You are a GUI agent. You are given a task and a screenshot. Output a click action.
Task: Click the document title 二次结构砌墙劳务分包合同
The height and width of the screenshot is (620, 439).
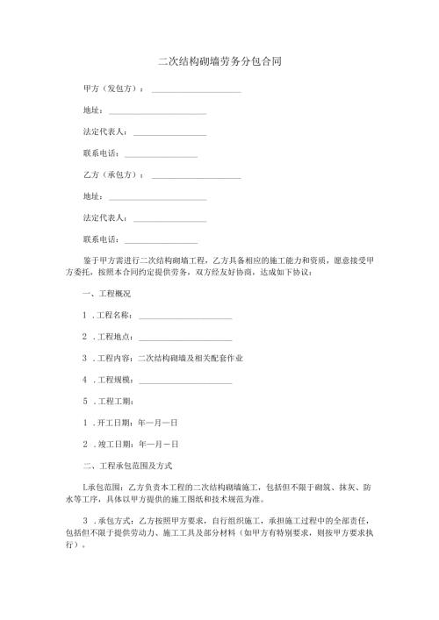pyautogui.click(x=219, y=62)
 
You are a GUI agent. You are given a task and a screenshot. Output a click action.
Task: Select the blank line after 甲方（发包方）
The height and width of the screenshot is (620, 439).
pyautogui.click(x=196, y=91)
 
